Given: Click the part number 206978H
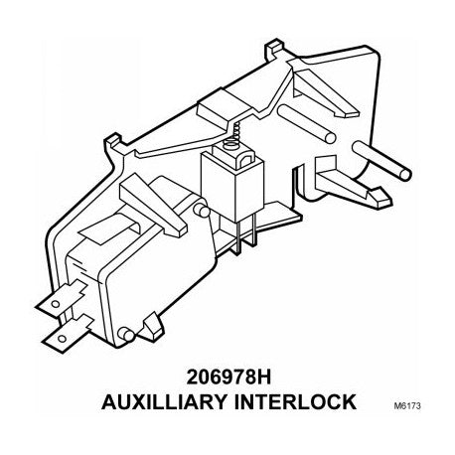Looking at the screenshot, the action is [x=228, y=378].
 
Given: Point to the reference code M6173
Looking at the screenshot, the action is [x=407, y=405].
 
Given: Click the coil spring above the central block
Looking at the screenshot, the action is [x=236, y=130].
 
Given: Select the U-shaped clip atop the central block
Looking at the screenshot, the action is [x=245, y=160].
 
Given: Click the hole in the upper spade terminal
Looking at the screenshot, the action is [x=56, y=303].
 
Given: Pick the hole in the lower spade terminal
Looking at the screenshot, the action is [x=62, y=339].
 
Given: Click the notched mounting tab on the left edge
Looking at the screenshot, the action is [x=113, y=143].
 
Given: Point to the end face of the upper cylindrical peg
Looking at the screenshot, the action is [x=330, y=137].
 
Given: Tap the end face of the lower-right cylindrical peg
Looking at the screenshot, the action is [x=405, y=174].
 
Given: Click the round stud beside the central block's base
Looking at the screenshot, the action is [x=202, y=211].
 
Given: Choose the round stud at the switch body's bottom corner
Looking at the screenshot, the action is [x=127, y=335].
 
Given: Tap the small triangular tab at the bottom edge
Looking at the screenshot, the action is [x=152, y=327].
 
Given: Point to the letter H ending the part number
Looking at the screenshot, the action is [x=263, y=378].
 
